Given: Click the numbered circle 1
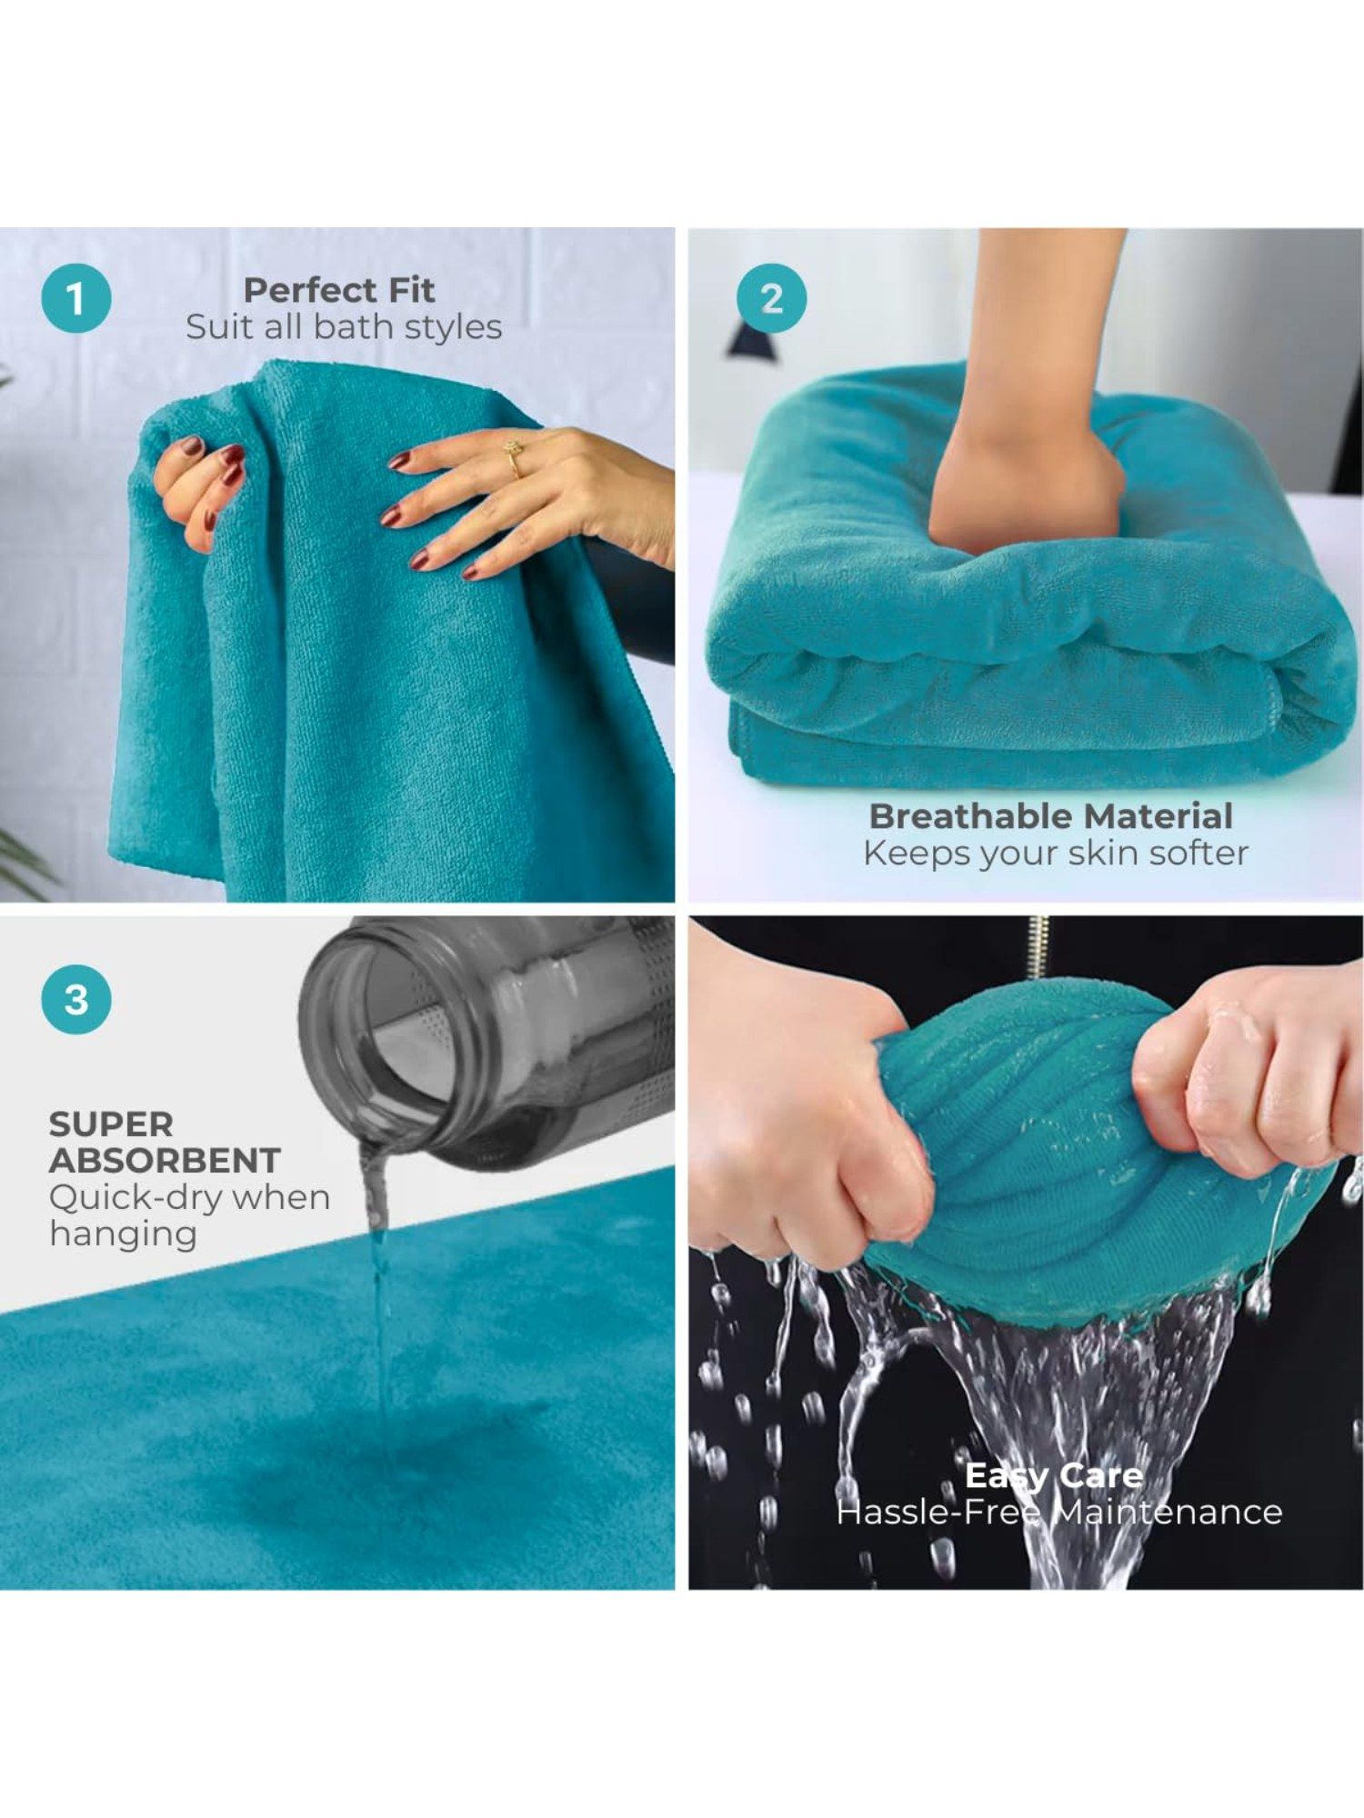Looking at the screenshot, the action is click(x=76, y=298).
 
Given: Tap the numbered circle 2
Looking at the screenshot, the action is click(x=772, y=298).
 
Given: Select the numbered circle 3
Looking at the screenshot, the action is click(x=76, y=999).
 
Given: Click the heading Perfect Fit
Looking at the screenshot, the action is click(x=339, y=290).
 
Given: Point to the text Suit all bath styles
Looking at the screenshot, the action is click(x=344, y=327).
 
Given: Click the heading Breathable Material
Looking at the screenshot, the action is click(x=1051, y=815).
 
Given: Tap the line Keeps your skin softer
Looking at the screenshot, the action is click(x=1056, y=853).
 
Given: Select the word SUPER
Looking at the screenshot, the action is click(x=111, y=1124).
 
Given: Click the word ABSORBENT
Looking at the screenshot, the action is click(x=165, y=1161).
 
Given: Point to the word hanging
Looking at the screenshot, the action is click(x=124, y=1235).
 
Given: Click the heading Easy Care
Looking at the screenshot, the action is click(x=1054, y=1474).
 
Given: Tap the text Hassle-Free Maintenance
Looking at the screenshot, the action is click(x=1059, y=1513).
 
